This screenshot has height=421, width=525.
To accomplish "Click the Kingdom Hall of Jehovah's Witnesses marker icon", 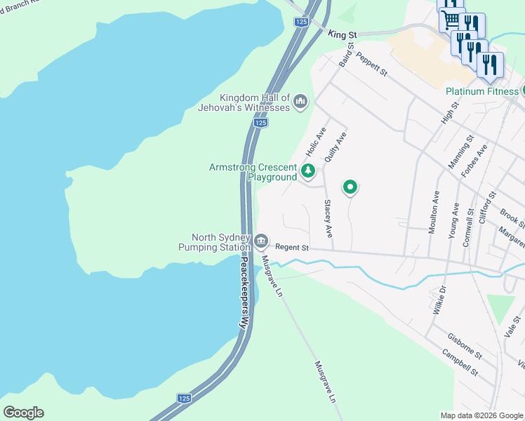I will pos(300,102).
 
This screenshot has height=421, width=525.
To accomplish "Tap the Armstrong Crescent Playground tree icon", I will pos(307,171).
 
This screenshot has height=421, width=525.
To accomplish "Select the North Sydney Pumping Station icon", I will pos(261,242).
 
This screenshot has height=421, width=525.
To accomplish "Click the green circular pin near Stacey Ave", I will pos(350,187).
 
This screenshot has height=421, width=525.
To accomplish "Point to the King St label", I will pos(343,34).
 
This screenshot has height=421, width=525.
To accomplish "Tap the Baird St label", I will pos(345,54).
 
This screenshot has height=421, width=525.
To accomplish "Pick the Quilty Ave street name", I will pos(335,147).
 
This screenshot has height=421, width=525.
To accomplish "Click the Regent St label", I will pos(292,248).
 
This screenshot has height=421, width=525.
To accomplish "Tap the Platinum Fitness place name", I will pos(481,91).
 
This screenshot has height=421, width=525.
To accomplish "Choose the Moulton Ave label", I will pos(433,211).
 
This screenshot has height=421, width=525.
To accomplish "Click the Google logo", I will pos(23,413).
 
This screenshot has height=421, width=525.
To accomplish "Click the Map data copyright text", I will pos(481,415).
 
